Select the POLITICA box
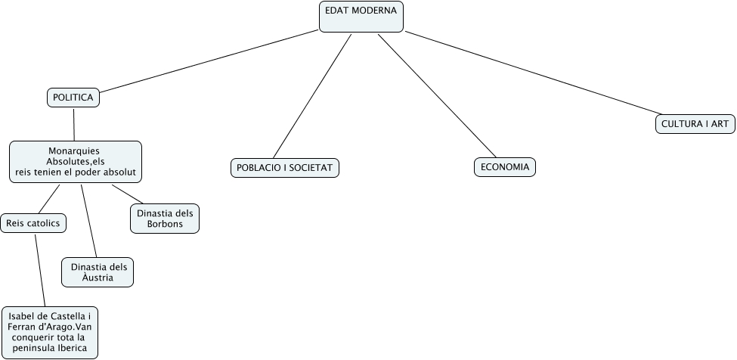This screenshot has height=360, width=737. (x=73, y=98)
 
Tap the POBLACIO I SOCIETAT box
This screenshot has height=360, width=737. (x=285, y=167)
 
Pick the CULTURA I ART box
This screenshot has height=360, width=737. (x=695, y=124)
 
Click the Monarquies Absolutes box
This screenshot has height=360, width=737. (x=76, y=161)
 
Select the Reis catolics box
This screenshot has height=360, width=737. (x=33, y=223)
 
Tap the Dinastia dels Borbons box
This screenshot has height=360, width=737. (x=166, y=218)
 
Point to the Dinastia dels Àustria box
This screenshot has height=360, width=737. (x=98, y=272)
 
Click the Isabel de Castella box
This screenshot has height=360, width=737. (x=50, y=332)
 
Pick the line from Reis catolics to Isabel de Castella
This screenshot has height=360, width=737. (x=40, y=268)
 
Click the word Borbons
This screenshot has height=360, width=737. (x=166, y=224)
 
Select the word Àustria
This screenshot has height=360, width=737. (x=98, y=278)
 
